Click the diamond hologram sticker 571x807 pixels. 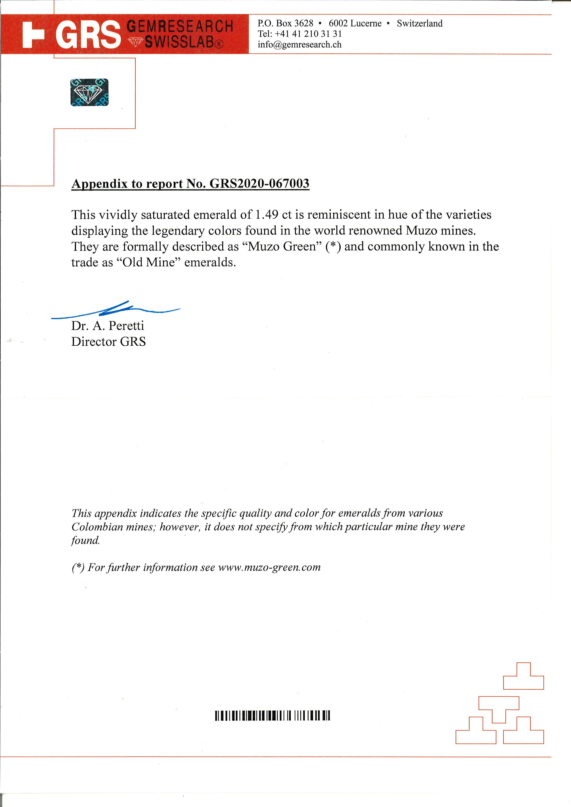[89, 92]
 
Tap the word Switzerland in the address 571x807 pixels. [420, 23]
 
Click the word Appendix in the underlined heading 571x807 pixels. [99, 183]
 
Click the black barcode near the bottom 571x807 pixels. [272, 716]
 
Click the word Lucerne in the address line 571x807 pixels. [366, 23]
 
